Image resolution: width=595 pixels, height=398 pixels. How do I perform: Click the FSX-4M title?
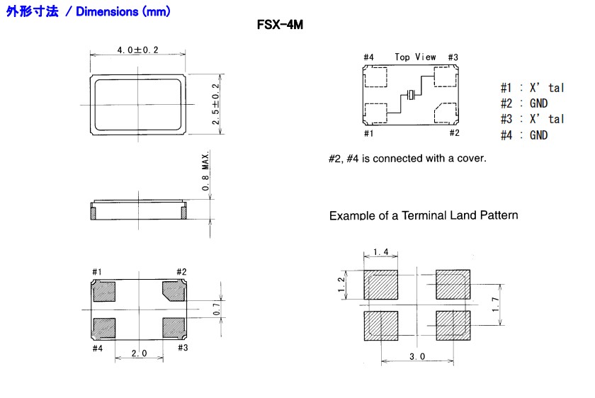coord(280,25)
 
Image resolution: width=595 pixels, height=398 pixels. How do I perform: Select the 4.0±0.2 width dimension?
coord(137,50)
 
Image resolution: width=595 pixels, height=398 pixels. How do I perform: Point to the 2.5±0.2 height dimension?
coord(215,104)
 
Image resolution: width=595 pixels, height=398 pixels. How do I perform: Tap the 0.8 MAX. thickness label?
coord(205,171)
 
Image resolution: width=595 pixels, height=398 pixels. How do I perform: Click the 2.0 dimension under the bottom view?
coord(139,353)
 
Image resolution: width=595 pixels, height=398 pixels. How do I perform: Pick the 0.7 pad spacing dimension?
coord(216,309)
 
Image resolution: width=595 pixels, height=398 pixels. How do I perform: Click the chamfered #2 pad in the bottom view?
coord(174,291)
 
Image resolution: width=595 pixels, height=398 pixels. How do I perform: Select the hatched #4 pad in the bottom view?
coord(104,328)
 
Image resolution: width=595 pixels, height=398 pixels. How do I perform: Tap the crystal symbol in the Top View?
coord(411,95)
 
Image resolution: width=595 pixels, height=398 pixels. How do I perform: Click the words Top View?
coord(415,57)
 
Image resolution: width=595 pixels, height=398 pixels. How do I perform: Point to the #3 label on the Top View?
coord(453,57)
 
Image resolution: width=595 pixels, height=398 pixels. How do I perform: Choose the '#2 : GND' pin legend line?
coord(524,103)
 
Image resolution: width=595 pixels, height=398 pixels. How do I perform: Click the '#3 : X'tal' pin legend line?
coord(532,119)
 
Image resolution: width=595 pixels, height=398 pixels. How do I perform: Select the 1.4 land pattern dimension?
coord(380,252)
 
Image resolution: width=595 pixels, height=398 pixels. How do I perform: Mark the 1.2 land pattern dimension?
coord(341,285)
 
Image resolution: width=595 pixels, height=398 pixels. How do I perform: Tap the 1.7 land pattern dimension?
coord(495,305)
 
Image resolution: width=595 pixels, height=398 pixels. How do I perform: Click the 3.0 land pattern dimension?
coord(417,356)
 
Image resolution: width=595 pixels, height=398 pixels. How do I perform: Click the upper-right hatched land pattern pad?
coord(453,285)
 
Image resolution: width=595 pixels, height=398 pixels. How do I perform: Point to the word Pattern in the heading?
coord(499,215)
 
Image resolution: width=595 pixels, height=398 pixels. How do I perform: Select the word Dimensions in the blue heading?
coord(107,11)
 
